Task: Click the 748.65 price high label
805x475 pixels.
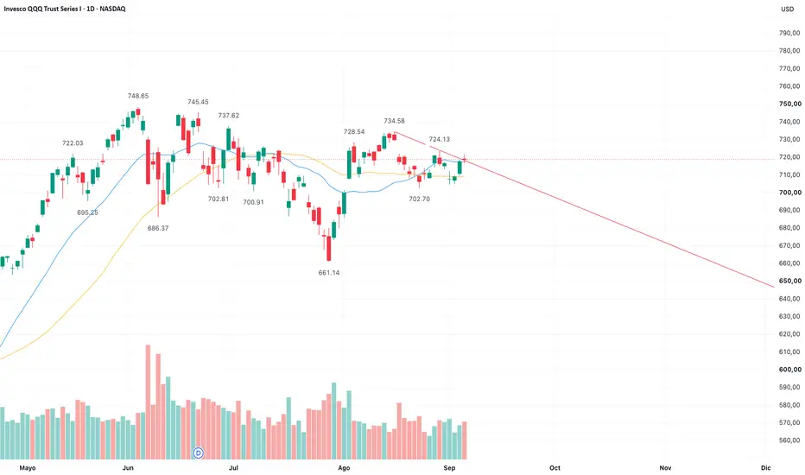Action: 138,96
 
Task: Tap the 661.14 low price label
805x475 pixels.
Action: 328,273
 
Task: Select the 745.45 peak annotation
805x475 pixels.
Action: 198,102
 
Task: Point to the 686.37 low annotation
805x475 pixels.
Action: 157,228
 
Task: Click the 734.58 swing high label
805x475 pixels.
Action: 394,121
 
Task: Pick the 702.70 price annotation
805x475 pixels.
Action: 419,199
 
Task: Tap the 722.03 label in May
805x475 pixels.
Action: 73,143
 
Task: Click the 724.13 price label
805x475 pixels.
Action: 439,139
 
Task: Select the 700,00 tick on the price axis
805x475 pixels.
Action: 789,193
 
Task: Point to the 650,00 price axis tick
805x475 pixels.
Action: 789,281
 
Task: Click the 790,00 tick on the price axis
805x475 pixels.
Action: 789,33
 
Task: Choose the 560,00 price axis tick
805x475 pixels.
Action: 789,440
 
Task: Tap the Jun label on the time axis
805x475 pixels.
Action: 128,468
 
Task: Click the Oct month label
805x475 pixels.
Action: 555,468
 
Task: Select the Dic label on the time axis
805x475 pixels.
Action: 765,468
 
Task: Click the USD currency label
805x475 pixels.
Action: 787,9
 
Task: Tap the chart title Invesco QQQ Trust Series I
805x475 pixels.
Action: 42,9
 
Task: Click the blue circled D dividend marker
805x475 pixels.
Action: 198,453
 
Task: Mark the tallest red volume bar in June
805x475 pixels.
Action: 148,402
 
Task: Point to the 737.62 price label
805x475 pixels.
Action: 229,116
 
